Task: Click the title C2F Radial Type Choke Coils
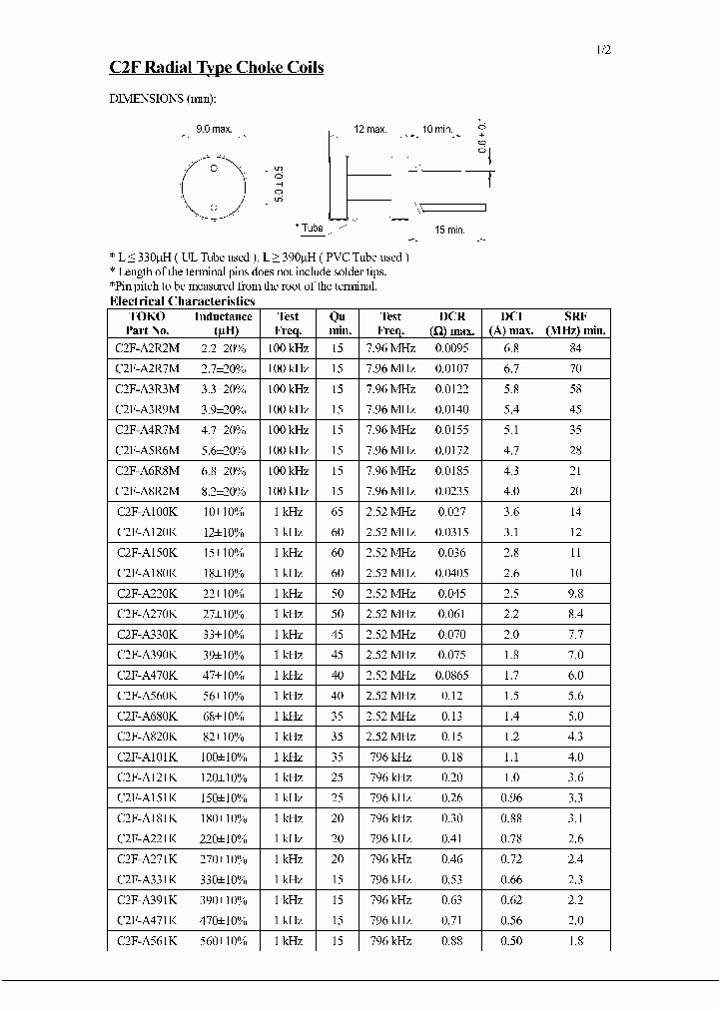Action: [216, 68]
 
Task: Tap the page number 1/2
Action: [603, 49]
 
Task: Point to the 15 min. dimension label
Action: [450, 231]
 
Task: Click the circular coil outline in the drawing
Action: [214, 187]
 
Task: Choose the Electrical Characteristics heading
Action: [182, 301]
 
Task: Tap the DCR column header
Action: [452, 323]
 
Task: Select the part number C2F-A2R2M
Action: [148, 348]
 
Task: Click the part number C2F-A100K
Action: [148, 512]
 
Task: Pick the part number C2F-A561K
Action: [148, 940]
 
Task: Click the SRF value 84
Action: [575, 348]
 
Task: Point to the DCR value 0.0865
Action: [452, 675]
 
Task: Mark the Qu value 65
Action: [338, 512]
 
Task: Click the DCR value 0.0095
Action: [452, 348]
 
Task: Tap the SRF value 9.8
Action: [575, 593]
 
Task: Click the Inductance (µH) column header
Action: [223, 323]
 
